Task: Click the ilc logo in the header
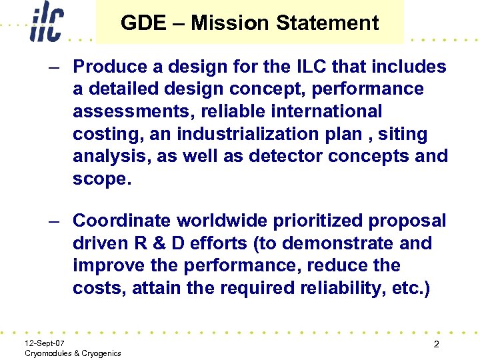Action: [x=46, y=24]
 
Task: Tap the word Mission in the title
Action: [x=230, y=23]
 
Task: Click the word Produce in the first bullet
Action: [x=106, y=67]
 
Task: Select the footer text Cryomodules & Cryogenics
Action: [x=72, y=353]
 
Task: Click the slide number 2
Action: [x=435, y=345]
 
